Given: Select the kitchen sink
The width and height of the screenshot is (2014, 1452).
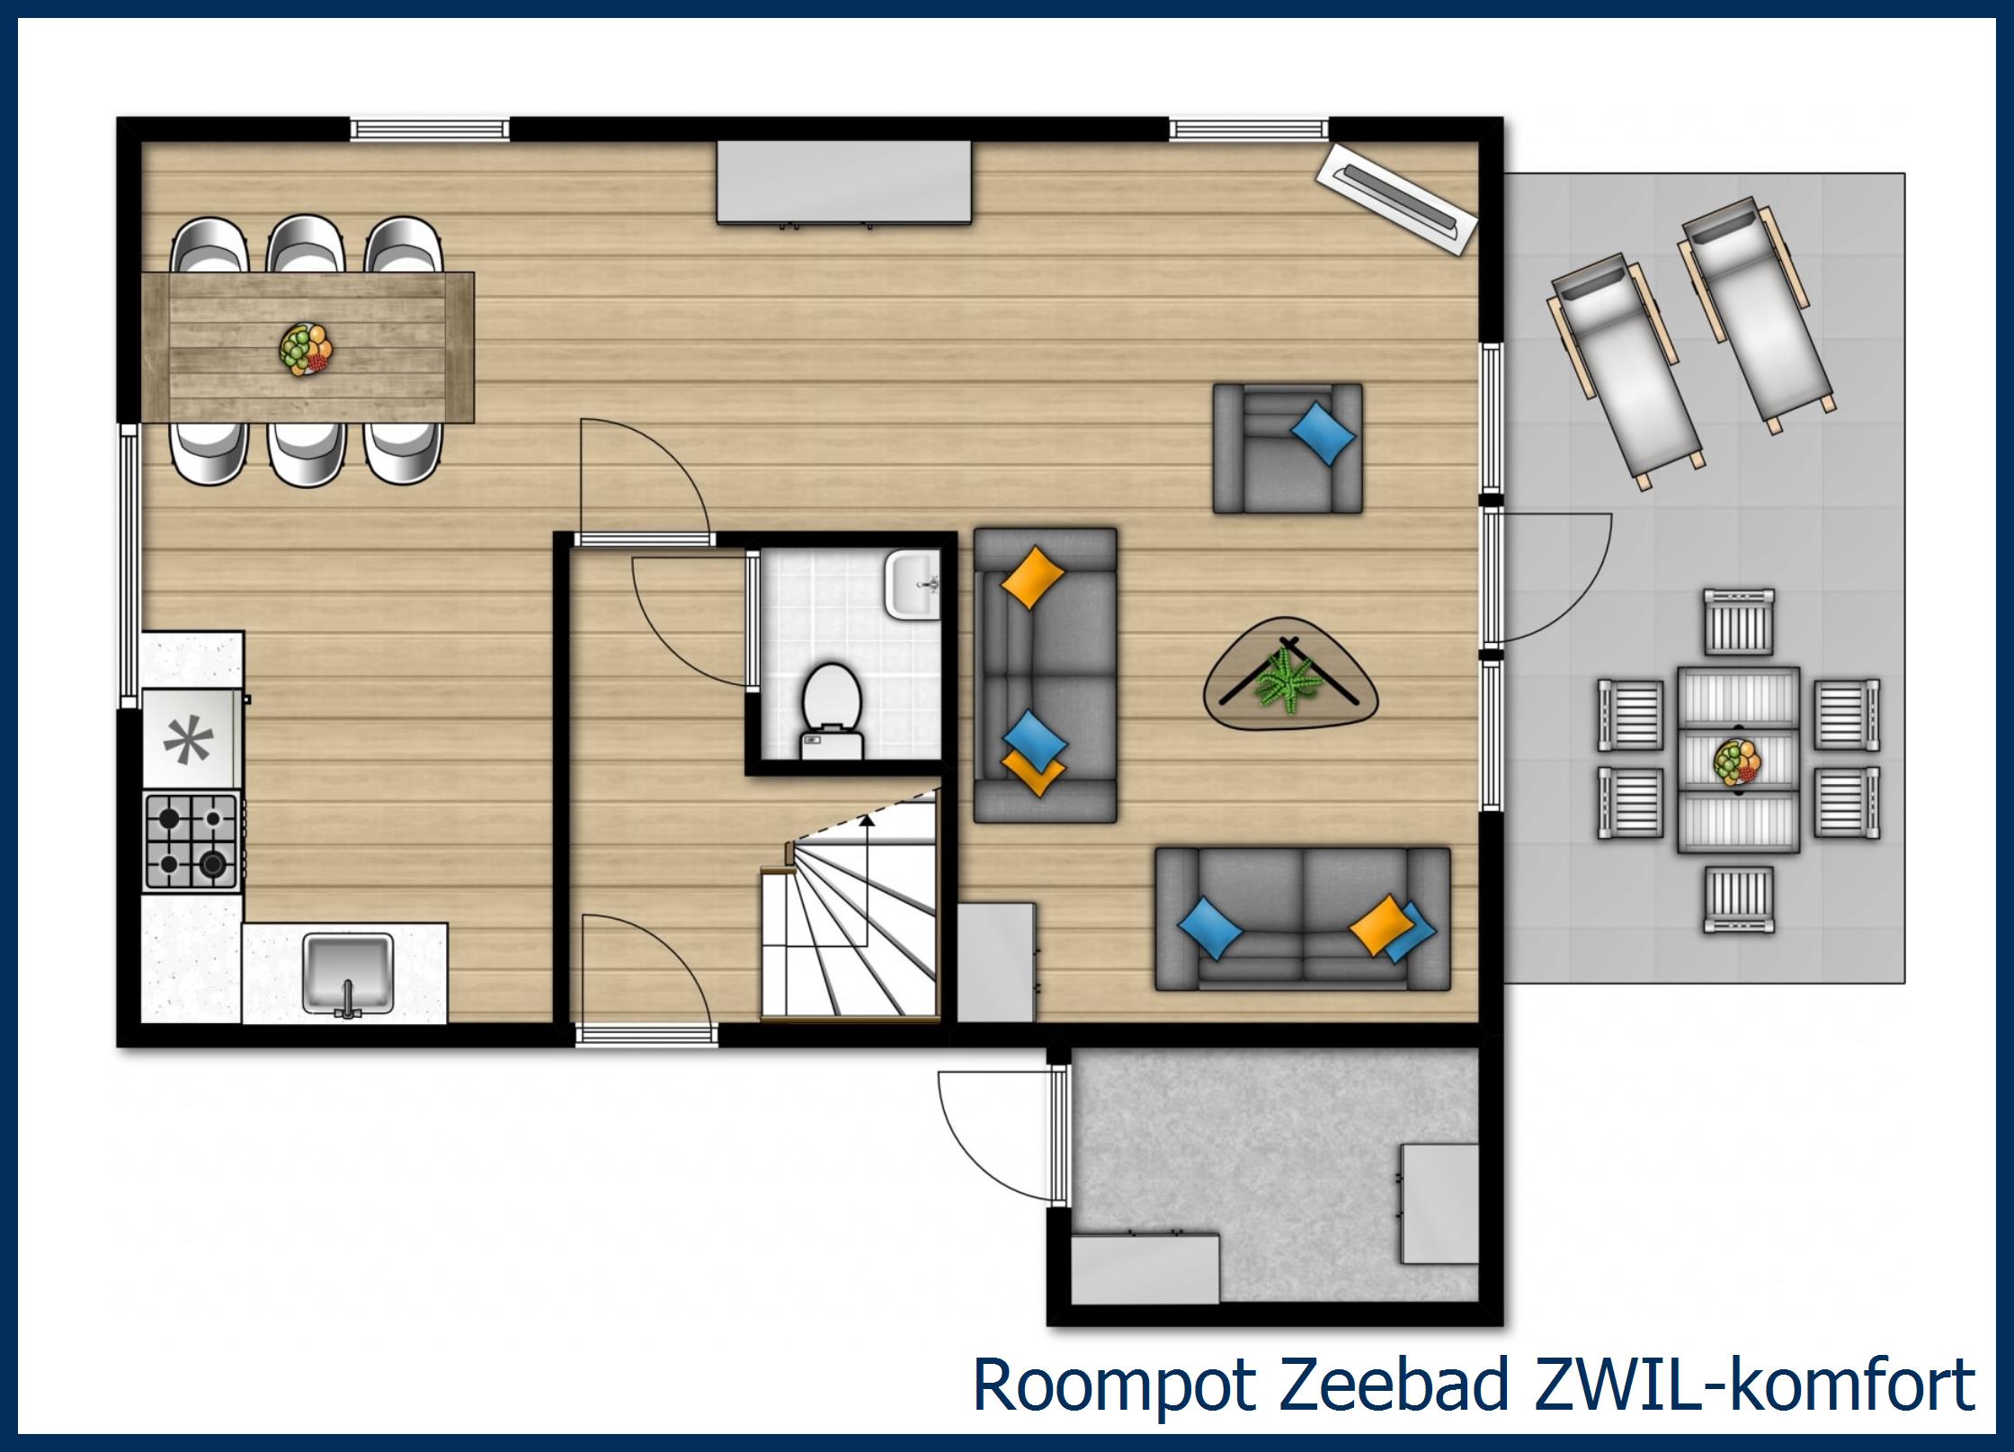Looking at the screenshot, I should [348, 973].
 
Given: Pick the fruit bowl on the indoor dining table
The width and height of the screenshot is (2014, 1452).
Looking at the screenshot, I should [306, 349].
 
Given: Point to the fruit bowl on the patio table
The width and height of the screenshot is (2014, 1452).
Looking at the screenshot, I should [1737, 763].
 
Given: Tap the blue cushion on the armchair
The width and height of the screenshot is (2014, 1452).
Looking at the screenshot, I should [1323, 433].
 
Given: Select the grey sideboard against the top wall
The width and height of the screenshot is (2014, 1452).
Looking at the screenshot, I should [843, 182].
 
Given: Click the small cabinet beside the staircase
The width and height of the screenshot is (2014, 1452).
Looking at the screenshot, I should [995, 962].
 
